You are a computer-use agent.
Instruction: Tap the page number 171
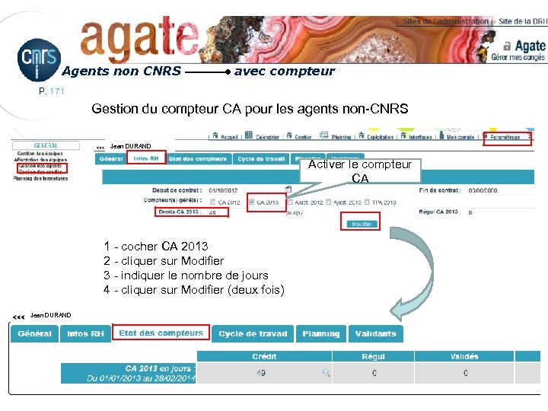coord(57,91)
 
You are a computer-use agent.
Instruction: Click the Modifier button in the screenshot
coord(361,224)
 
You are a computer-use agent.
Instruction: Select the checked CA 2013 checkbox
coord(251,202)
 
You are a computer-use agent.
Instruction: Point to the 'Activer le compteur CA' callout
coord(360,170)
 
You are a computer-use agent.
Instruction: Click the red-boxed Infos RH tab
coord(146,159)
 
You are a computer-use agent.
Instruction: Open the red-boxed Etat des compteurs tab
coord(161,333)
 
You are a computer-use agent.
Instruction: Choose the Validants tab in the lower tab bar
coord(375,334)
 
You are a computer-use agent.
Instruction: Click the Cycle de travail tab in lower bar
coord(253,334)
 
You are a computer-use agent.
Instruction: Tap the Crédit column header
coord(265,356)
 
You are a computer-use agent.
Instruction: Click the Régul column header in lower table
coord(374,356)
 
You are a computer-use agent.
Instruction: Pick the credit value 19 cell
coord(260,373)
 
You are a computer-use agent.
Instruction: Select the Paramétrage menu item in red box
coord(506,138)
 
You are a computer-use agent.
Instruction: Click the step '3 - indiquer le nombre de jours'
coord(186,276)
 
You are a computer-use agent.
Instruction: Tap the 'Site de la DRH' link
coord(522,22)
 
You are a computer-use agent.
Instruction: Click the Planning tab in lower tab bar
coord(320,334)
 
